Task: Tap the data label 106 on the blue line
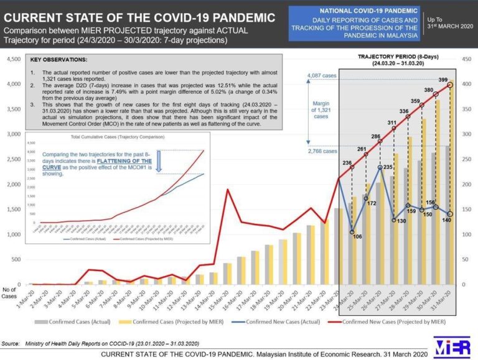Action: [x=357, y=236]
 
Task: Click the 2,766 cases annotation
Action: [x=322, y=150]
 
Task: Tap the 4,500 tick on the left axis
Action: [x=12, y=59]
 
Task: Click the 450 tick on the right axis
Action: [x=466, y=59]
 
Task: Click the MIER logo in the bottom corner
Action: [x=453, y=347]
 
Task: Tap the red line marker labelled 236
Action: [x=352, y=167]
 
